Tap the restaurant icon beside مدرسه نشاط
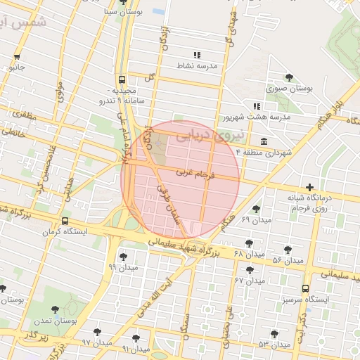197,55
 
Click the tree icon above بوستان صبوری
289,77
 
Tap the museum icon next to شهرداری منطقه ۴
263,140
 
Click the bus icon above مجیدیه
122,80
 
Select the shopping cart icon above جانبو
16,57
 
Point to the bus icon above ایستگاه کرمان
65,221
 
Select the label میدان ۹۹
124,267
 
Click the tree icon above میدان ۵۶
287,250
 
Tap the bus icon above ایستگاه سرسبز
305,288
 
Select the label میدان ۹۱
135,349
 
